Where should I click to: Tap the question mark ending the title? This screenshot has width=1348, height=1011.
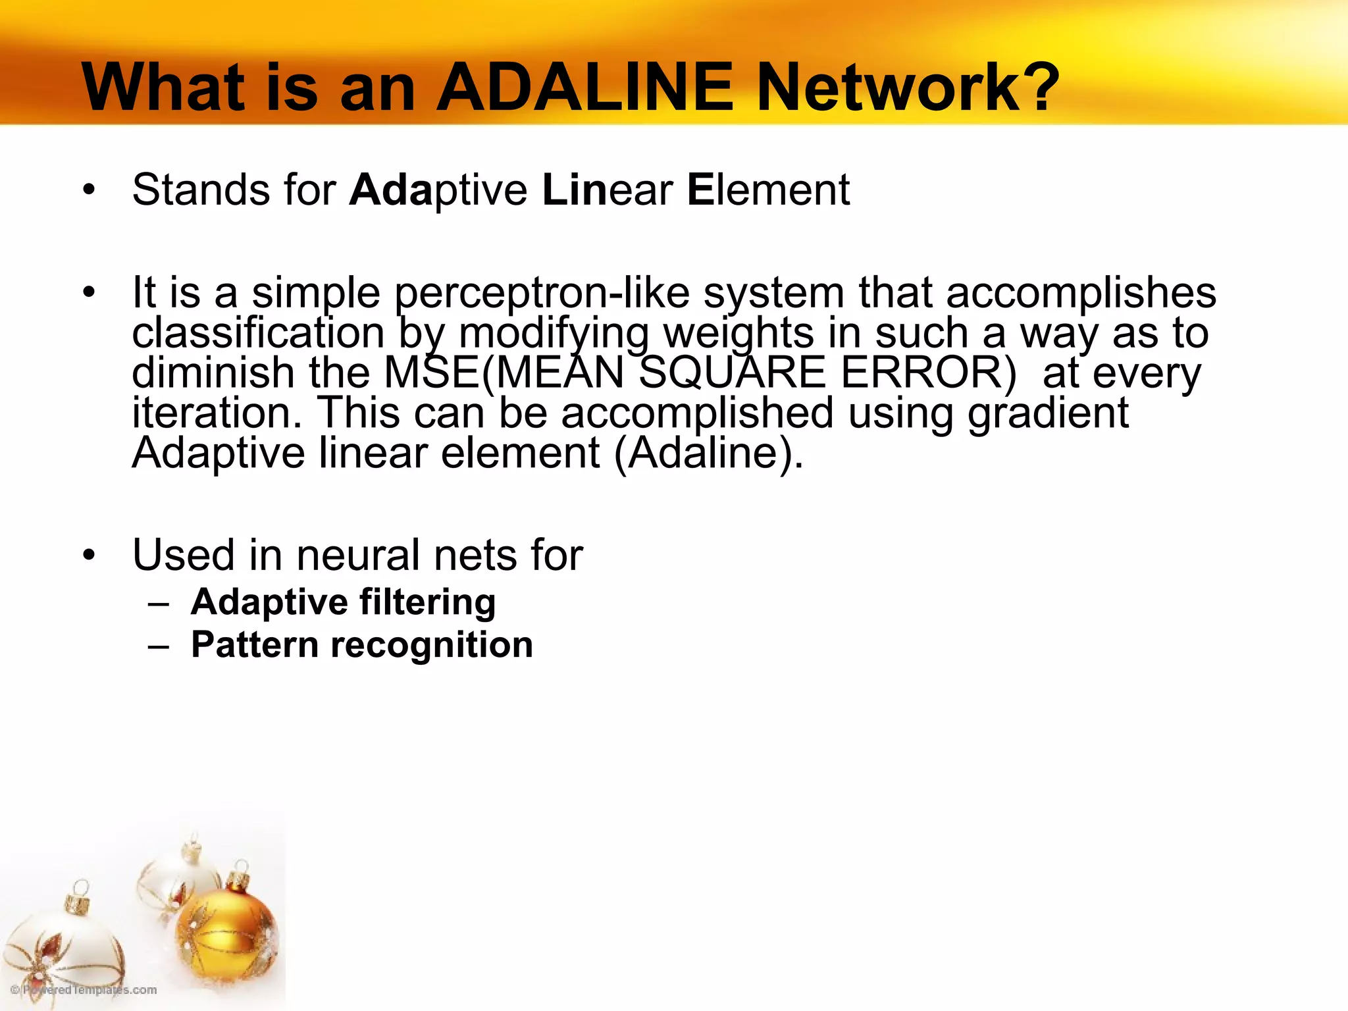click(x=1036, y=88)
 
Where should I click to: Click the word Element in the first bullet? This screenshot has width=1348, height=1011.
click(x=768, y=190)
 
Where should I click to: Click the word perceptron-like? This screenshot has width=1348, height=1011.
click(x=542, y=293)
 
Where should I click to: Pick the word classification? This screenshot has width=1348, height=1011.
click(x=258, y=333)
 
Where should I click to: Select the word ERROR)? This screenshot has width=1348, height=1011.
click(x=929, y=373)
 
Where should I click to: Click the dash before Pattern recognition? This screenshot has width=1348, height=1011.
click(x=159, y=646)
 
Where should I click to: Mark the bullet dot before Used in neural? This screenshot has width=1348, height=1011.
click(x=90, y=556)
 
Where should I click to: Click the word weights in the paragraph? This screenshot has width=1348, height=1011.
click(x=739, y=333)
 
